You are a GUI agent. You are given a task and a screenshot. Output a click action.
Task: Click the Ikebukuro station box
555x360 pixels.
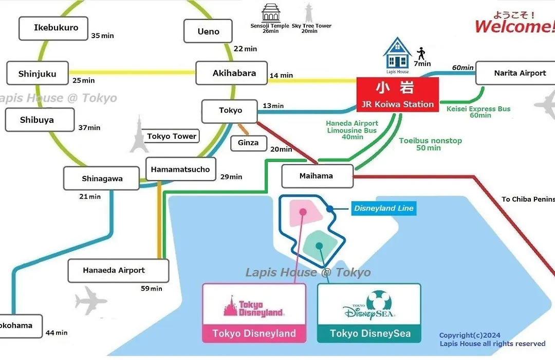point(56,28)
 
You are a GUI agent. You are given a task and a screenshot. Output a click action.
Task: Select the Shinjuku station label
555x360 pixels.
point(38,74)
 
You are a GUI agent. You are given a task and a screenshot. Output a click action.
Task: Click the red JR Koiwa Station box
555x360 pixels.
point(398,95)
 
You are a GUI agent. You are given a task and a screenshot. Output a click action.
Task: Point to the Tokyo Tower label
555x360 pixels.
point(172,136)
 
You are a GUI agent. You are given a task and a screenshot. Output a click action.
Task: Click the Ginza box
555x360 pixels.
point(248,143)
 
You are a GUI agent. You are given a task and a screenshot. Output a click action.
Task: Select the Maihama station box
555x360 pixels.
point(317,176)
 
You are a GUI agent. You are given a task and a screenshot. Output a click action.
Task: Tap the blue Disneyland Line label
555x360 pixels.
point(383,208)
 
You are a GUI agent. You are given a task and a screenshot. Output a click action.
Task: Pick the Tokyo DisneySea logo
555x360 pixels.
point(369,307)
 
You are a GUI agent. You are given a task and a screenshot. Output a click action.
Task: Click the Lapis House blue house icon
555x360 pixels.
point(397,53)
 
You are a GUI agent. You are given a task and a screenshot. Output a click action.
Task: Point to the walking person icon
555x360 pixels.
point(422,53)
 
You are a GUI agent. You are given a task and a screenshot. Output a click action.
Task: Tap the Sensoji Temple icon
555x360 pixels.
point(270,12)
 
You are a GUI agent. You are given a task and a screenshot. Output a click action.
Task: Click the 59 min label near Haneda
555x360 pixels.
point(152,289)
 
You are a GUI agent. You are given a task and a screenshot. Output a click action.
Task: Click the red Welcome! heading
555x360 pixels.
point(514,26)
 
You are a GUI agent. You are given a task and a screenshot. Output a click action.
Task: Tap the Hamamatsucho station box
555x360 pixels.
point(180,169)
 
